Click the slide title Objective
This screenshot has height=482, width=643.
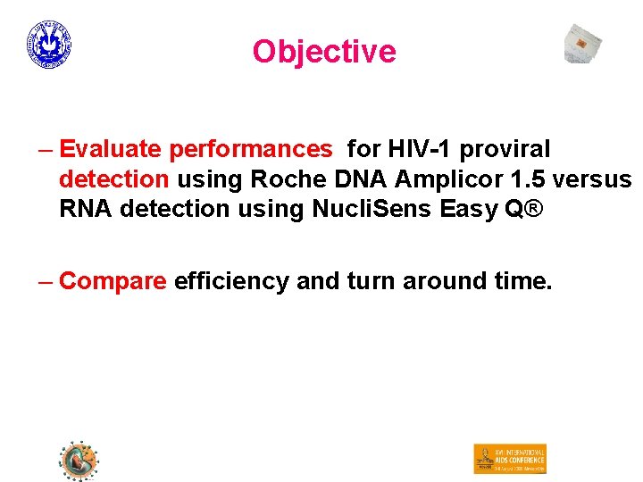(323, 52)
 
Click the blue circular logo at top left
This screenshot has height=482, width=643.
(49, 45)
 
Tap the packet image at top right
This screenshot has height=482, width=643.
(582, 44)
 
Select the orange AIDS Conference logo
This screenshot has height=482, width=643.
(509, 459)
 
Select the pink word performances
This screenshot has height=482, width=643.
(250, 148)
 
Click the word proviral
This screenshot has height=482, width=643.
(507, 148)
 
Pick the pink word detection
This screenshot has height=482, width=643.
(113, 179)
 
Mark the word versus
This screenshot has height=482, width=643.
(592, 179)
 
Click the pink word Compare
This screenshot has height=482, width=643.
(113, 282)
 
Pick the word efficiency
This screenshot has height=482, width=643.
(231, 282)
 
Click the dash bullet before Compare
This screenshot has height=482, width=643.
(46, 282)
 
